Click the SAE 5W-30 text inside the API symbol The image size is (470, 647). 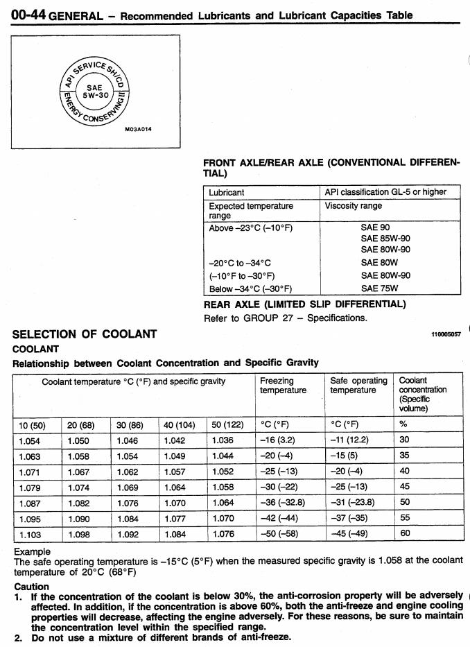click(x=93, y=92)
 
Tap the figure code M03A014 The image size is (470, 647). click(x=138, y=129)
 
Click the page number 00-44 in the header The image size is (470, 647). click(x=28, y=14)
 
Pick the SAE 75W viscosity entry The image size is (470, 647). click(x=379, y=288)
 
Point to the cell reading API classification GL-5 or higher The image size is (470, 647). click(x=385, y=192)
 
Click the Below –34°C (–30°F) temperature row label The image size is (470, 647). click(x=250, y=288)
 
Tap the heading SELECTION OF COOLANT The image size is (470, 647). click(x=85, y=334)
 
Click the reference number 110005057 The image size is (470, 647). click(x=446, y=334)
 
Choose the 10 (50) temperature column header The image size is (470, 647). click(x=33, y=424)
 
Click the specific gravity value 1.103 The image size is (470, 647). click(x=30, y=535)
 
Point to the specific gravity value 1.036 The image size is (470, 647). click(x=223, y=440)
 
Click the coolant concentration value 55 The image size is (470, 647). click(x=405, y=519)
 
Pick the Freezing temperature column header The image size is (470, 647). click(x=283, y=386)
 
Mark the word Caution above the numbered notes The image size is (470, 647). click(x=31, y=587)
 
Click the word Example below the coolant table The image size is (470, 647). click(x=32, y=551)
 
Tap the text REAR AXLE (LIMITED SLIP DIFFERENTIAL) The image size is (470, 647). click(x=304, y=304)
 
